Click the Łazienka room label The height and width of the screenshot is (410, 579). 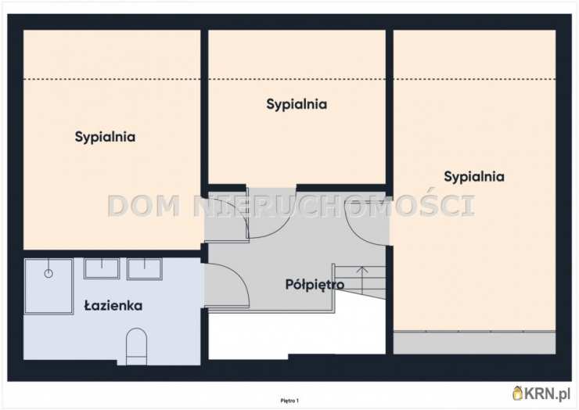pyautogui.click(x=113, y=306)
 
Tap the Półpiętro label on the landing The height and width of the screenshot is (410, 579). pyautogui.click(x=315, y=284)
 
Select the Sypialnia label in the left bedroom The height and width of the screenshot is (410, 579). pyautogui.click(x=105, y=137)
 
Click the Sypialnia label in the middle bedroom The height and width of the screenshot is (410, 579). pyautogui.click(x=297, y=105)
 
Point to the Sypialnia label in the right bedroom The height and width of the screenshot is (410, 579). pyautogui.click(x=474, y=177)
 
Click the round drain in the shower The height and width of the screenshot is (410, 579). pyautogui.click(x=49, y=274)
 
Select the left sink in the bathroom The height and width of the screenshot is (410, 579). pyautogui.click(x=102, y=268)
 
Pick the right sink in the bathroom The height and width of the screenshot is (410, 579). pyautogui.click(x=145, y=268)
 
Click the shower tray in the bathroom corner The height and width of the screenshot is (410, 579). pyautogui.click(x=49, y=286)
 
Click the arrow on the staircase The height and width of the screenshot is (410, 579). pyautogui.click(x=362, y=280)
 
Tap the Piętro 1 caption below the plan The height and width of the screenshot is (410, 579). pyautogui.click(x=289, y=401)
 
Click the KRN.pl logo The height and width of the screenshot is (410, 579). pyautogui.click(x=541, y=394)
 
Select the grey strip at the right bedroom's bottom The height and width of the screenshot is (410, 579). pyautogui.click(x=474, y=343)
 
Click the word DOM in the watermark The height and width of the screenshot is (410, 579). pyautogui.click(x=145, y=206)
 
